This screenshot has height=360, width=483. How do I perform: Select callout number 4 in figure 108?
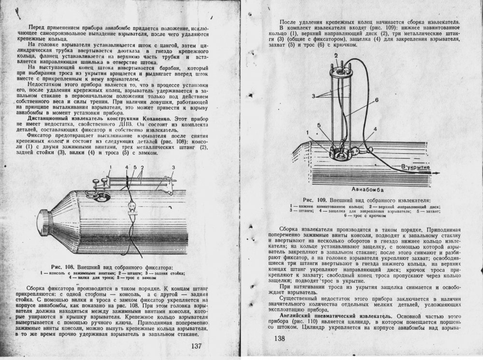tap(126, 168)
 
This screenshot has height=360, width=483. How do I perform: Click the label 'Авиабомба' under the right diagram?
tap(366, 189)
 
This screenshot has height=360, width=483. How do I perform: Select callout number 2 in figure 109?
tap(334, 56)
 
